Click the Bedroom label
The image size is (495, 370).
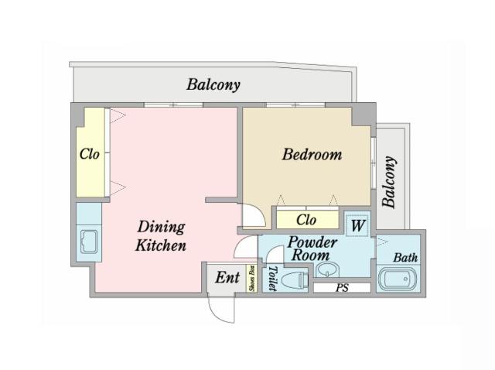pos(312,155)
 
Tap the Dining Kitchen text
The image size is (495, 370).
pos(161,236)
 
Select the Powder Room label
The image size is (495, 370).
pos(312,248)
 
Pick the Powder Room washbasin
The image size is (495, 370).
pos(327,270)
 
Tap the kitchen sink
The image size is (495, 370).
pos(89,242)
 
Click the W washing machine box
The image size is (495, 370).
pos(357,225)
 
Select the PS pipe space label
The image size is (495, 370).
pos(342,288)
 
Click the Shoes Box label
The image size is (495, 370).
pos(251,279)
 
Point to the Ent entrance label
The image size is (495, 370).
pos(227,278)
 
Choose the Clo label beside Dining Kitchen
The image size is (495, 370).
pos(90,154)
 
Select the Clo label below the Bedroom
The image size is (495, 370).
pos(306,220)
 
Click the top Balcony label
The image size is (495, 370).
pos(213,84)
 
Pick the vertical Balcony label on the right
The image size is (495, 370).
pos(389,182)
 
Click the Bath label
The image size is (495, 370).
pos(405,258)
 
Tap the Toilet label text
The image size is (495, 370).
pos(272,278)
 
